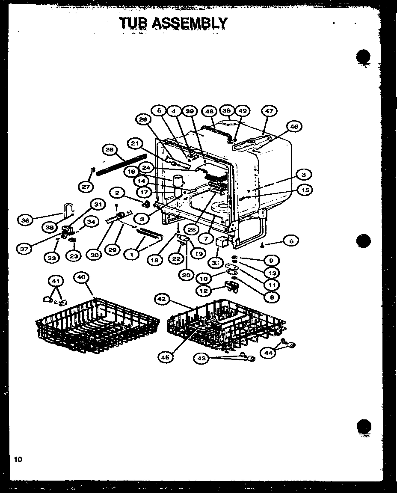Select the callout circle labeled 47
click(x=269, y=111)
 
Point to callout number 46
click(x=294, y=126)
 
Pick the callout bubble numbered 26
click(x=110, y=149)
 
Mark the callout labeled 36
click(x=25, y=220)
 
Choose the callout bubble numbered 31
click(x=98, y=205)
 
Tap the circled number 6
click(x=291, y=241)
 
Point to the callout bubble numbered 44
click(x=268, y=353)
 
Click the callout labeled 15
click(x=304, y=190)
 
